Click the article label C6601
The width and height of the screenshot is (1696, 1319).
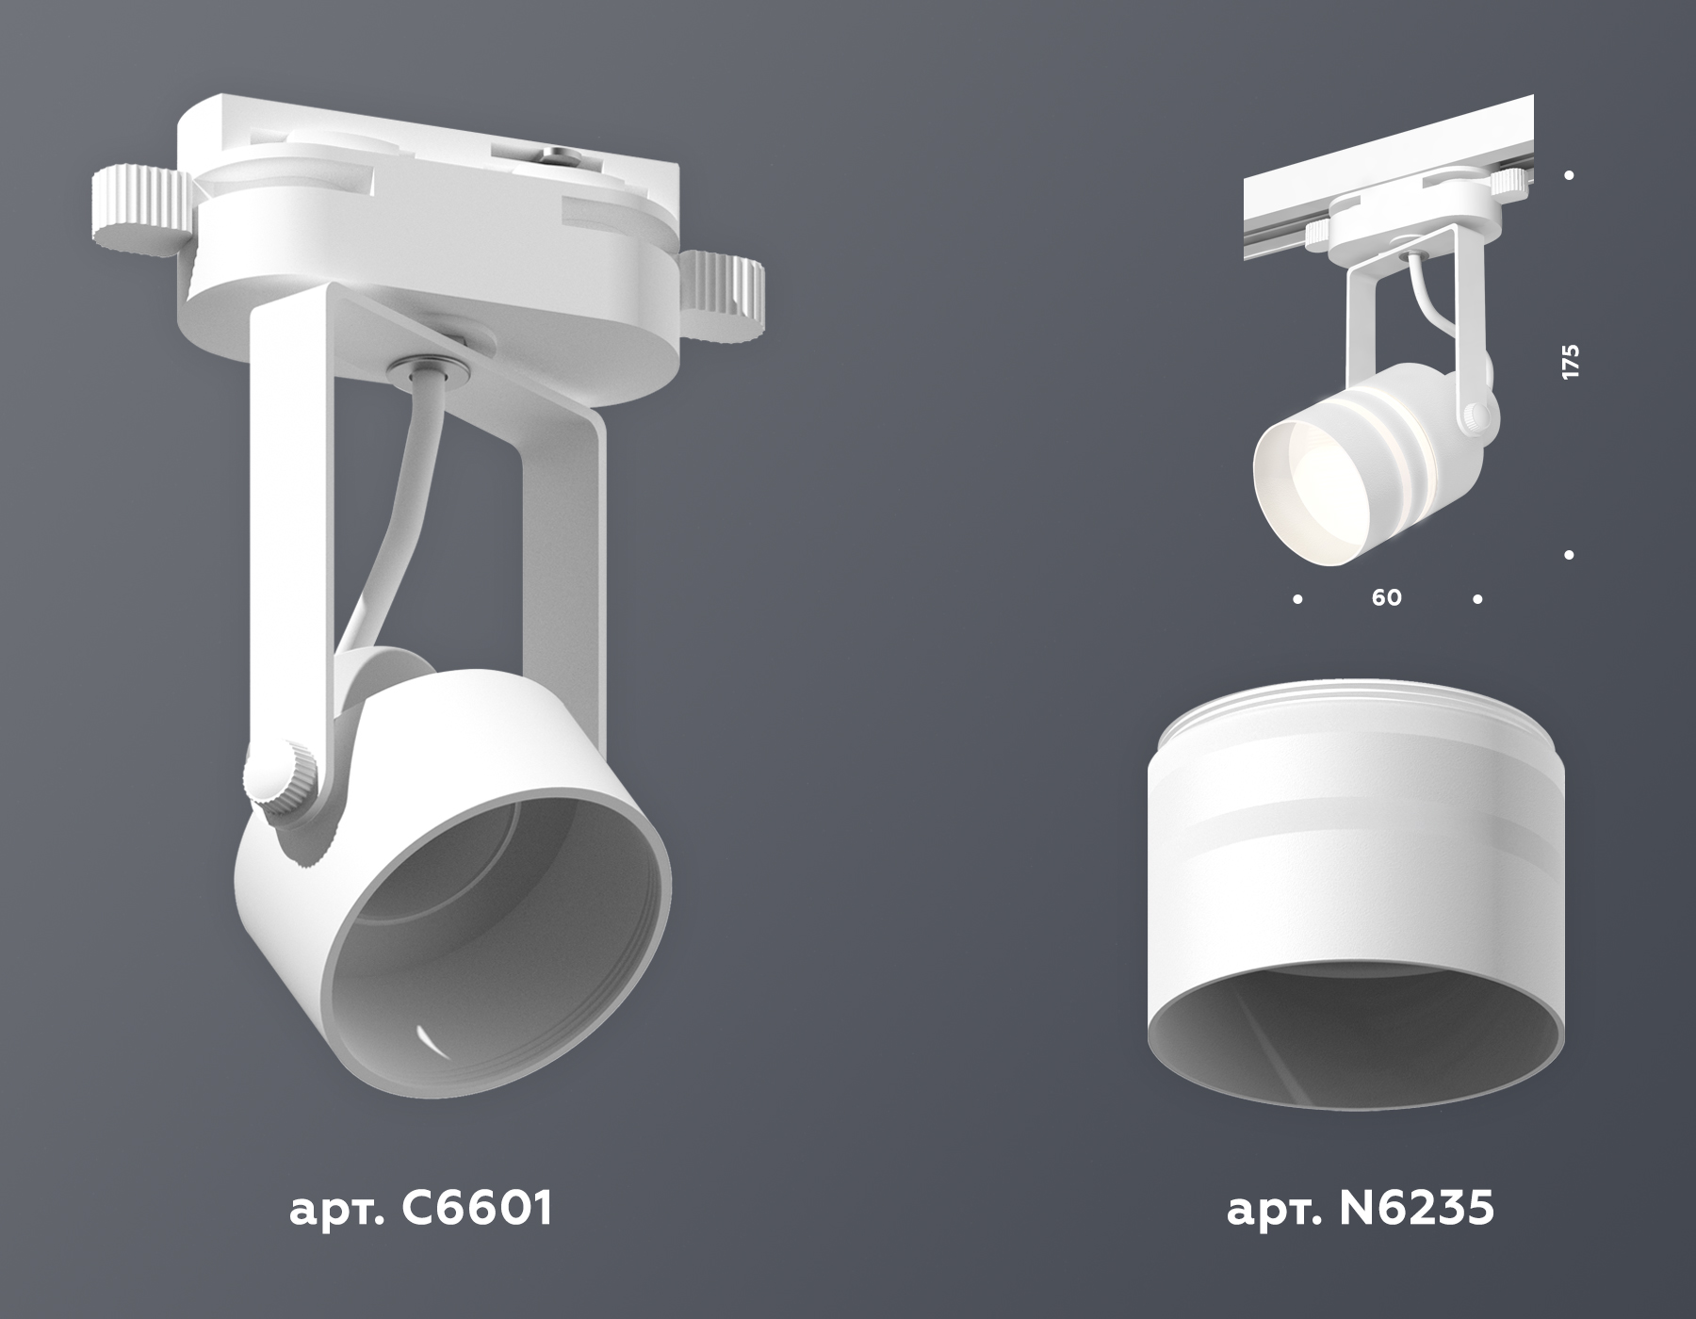coord(419,1209)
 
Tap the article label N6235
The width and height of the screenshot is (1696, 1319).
coord(1361,1209)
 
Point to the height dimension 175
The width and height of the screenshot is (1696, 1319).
coord(1569,362)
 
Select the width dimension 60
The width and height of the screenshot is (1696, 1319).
coord(1387,597)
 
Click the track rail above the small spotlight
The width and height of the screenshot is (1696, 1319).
coord(1385,151)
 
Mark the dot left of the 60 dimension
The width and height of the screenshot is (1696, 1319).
coord(1298,598)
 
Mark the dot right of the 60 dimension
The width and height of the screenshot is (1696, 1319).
coord(1477,598)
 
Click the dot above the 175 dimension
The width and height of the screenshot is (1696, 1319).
coord(1569,175)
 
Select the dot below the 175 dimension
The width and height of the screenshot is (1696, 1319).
coord(1569,556)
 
